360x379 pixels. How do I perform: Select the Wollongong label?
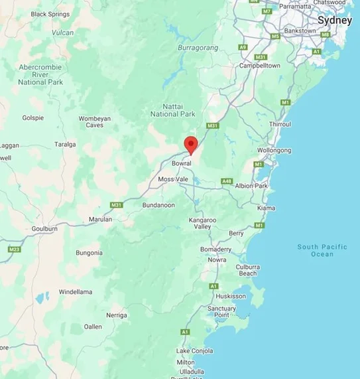[x=274, y=151]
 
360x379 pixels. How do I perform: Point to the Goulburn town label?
[x=44, y=228]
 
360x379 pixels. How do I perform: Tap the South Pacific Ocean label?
[x=322, y=250]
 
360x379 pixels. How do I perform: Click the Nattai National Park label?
[x=179, y=110]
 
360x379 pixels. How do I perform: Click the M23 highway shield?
[x=14, y=249]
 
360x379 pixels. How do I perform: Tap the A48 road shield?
[x=227, y=181]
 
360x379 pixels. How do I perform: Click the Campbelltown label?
[x=260, y=66]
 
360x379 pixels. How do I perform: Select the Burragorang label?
[x=198, y=48]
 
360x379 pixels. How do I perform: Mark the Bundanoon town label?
[x=158, y=205]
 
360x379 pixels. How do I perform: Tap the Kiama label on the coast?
[x=265, y=208]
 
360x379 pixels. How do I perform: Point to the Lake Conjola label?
[x=194, y=350]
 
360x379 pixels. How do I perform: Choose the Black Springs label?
[x=50, y=14]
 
